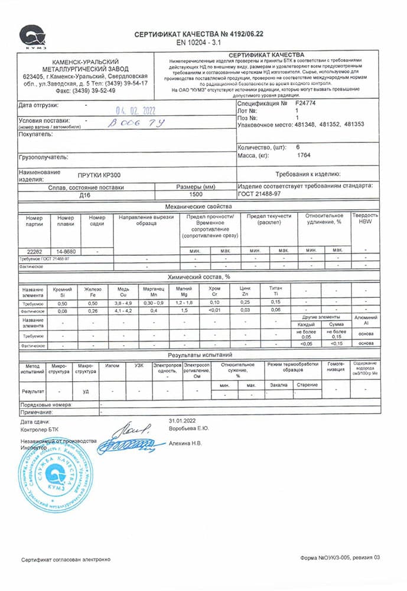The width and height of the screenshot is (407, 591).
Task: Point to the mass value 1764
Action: click(304, 155)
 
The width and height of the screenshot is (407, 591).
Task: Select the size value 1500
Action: click(196, 194)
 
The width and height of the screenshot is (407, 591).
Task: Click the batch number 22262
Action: click(35, 251)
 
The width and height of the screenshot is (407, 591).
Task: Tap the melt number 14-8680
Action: click(66, 251)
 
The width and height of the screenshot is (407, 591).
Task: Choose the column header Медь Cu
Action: click(123, 292)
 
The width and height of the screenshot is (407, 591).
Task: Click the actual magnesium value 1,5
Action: click(183, 310)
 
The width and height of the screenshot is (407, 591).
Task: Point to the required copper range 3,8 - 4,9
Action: click(123, 302)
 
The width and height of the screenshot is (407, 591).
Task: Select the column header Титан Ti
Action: click(275, 292)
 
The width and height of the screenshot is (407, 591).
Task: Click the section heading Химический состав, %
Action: click(198, 277)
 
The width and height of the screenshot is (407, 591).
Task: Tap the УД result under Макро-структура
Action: click(86, 391)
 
